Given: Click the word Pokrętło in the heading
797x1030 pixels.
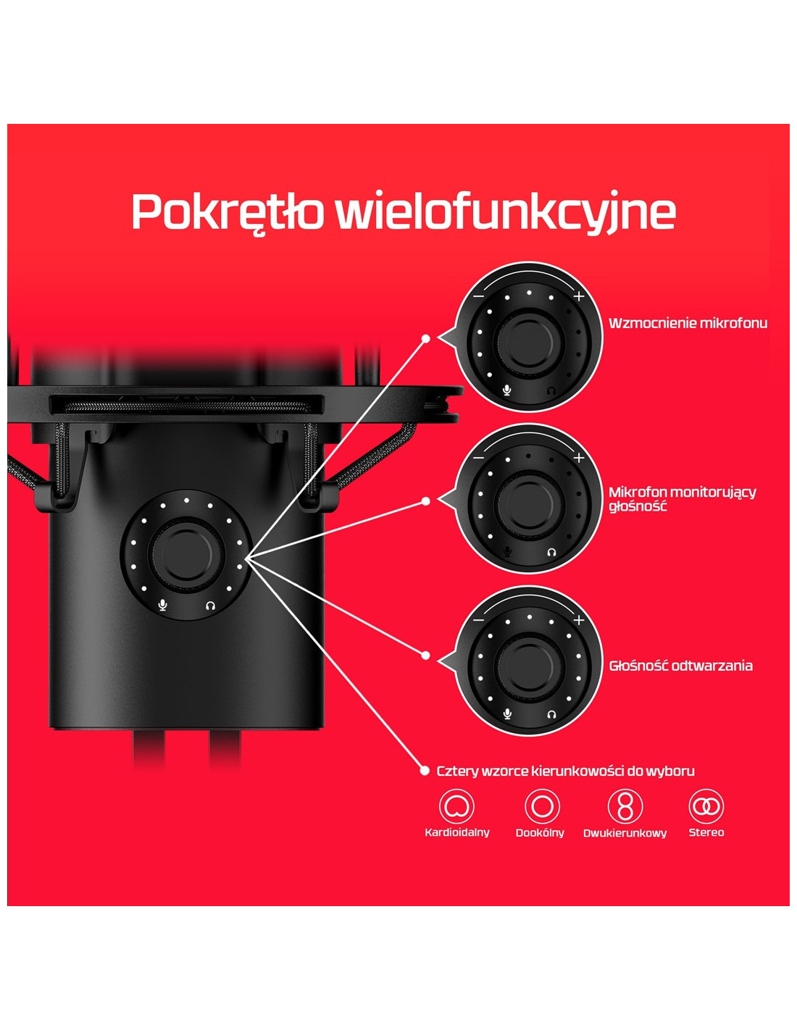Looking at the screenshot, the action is click(x=228, y=213).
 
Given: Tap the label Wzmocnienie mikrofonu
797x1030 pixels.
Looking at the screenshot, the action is click(x=688, y=323).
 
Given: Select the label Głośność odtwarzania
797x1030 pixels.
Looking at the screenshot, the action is click(x=680, y=666).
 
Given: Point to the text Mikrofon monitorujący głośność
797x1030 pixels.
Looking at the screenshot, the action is click(x=683, y=499).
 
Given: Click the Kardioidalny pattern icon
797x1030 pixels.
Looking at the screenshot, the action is click(x=456, y=806).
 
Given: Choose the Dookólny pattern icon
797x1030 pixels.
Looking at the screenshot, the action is click(x=542, y=806).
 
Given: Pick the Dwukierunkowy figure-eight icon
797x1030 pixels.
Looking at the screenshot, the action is click(x=625, y=806).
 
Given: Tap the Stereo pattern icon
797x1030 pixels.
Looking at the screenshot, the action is click(x=706, y=806).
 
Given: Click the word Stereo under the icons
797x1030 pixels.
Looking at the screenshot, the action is click(x=706, y=832).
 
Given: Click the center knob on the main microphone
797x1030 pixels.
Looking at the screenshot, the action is click(x=187, y=554).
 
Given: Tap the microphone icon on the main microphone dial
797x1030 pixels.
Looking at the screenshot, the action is click(x=163, y=606).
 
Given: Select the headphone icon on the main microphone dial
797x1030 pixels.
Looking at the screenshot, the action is click(x=211, y=606).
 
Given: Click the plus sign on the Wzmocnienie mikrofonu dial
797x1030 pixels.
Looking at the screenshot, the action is click(x=578, y=297).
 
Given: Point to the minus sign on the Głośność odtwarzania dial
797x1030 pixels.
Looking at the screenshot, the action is click(x=479, y=620).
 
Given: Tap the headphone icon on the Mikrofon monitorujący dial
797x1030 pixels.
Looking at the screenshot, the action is click(x=551, y=552).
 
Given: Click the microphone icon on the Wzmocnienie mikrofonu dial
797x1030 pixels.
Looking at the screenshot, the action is click(x=507, y=390).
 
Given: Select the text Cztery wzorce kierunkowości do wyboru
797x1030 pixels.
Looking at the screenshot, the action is click(x=565, y=771).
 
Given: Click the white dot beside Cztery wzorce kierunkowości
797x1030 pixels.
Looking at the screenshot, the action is click(x=425, y=771).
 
